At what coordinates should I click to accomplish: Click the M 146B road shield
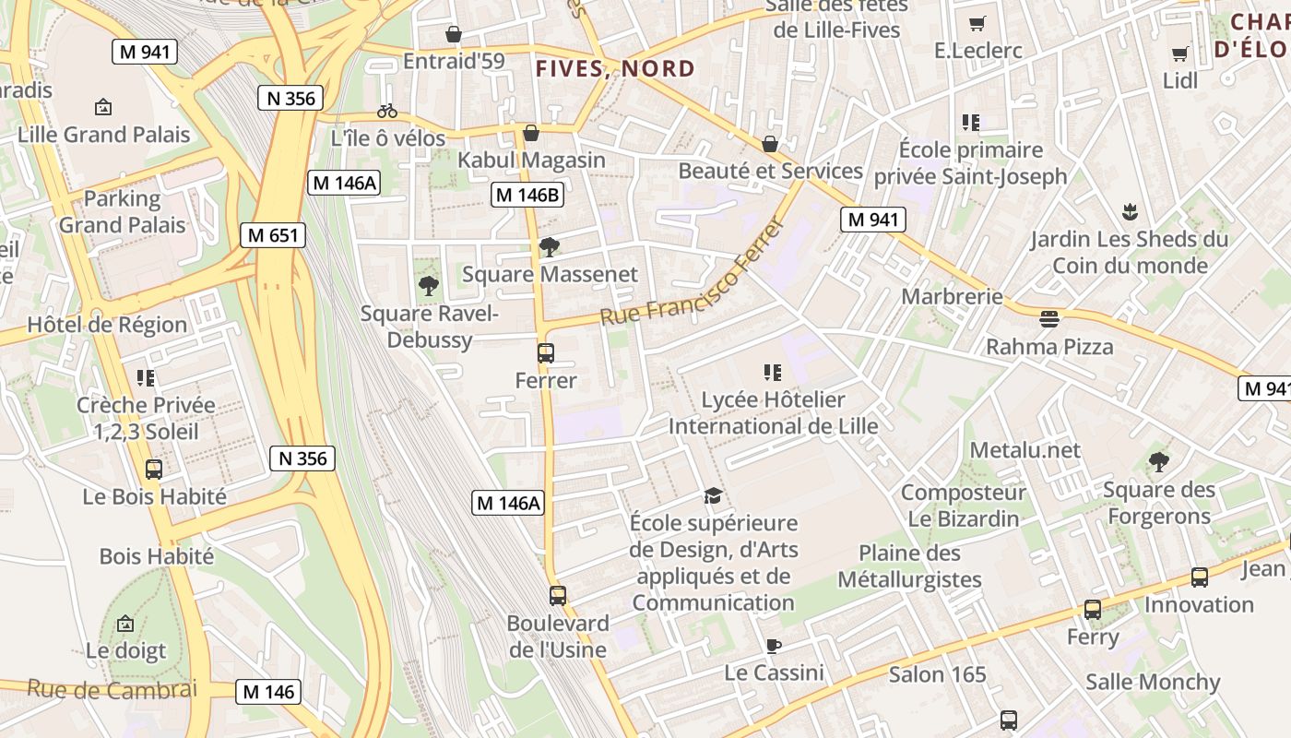click(x=528, y=195)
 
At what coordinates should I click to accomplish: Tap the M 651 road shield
click(x=274, y=235)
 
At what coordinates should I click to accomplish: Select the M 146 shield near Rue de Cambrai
click(x=268, y=692)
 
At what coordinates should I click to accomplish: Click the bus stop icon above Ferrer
click(x=546, y=352)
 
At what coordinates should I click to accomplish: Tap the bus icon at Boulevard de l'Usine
click(x=557, y=595)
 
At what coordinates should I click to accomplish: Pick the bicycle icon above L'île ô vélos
click(x=387, y=111)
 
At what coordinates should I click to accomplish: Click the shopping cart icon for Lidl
click(x=1179, y=54)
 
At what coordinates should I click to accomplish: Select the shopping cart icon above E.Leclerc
click(x=977, y=23)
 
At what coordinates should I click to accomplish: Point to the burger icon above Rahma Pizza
click(x=1049, y=319)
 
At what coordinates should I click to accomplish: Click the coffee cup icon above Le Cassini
click(x=773, y=646)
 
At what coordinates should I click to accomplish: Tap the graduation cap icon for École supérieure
click(x=713, y=496)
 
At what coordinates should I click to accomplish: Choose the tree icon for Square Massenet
click(x=550, y=246)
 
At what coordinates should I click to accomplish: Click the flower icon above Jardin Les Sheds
click(x=1130, y=212)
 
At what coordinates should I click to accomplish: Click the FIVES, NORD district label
click(x=615, y=69)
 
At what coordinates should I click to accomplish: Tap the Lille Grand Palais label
click(x=103, y=135)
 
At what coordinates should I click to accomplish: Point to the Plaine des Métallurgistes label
click(x=909, y=566)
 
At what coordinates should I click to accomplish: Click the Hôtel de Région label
click(x=107, y=325)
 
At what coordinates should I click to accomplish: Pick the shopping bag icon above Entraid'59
click(x=454, y=34)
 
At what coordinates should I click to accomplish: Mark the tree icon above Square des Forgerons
click(x=1159, y=461)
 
